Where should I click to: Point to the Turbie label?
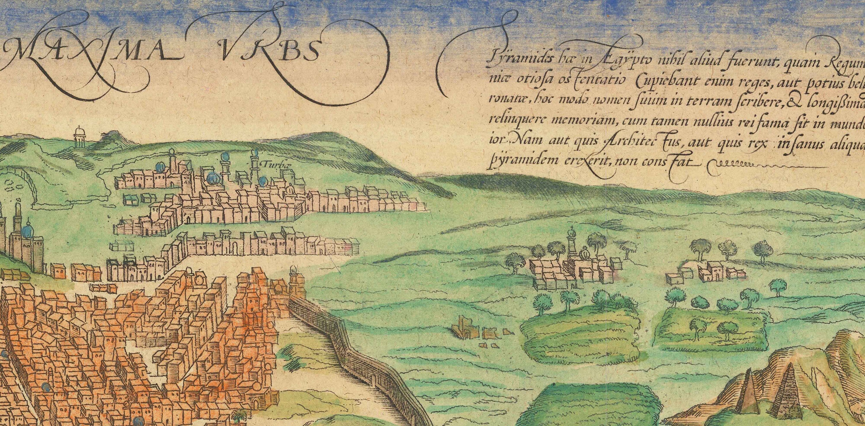(x=272, y=165)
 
